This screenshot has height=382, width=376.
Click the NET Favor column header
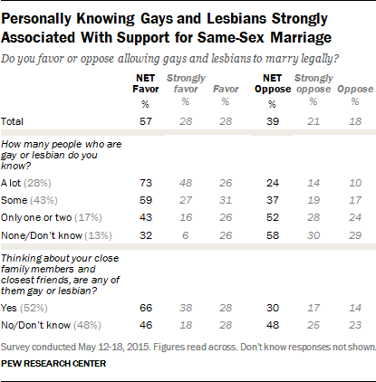(x=146, y=83)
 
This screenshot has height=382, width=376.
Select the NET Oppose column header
(x=273, y=83)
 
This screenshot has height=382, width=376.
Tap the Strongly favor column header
(x=186, y=83)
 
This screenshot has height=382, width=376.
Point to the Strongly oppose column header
(x=313, y=83)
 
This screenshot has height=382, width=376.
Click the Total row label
(x=12, y=121)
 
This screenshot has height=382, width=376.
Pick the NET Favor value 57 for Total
(x=146, y=121)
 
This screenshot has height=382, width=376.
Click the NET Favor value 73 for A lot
(x=146, y=183)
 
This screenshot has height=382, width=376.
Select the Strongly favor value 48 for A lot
(x=186, y=183)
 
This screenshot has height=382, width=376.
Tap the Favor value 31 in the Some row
(x=226, y=200)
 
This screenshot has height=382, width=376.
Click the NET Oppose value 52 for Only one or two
(x=273, y=217)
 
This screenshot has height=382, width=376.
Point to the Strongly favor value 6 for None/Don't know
(x=186, y=235)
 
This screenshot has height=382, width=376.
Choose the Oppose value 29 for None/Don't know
(x=355, y=235)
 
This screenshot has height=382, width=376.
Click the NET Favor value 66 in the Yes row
(x=146, y=308)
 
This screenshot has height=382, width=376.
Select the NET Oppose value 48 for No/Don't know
(x=273, y=325)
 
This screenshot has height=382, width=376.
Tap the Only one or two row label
(x=36, y=217)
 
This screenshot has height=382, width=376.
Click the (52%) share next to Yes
(x=34, y=308)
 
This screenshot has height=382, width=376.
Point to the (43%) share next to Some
(x=43, y=200)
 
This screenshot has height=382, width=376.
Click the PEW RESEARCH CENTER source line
(x=53, y=363)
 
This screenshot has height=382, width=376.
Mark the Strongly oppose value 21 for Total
(x=313, y=121)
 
